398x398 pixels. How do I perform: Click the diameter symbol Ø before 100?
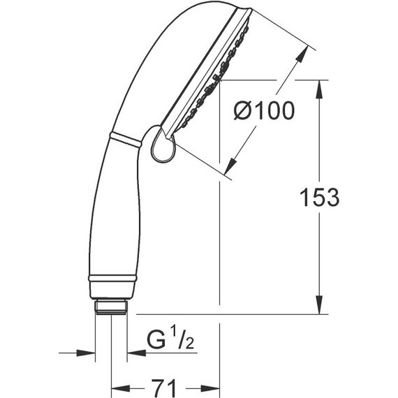pyautogui.click(x=241, y=110)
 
